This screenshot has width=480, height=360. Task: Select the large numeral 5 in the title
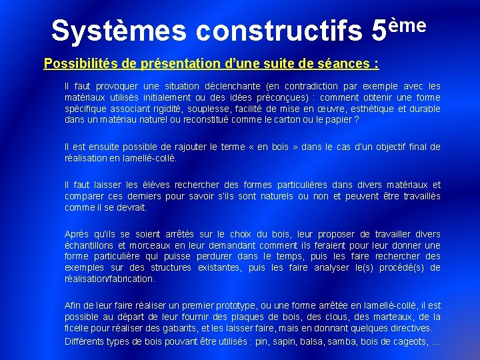coord(379,30)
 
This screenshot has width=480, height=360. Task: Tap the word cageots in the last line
coord(409,342)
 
